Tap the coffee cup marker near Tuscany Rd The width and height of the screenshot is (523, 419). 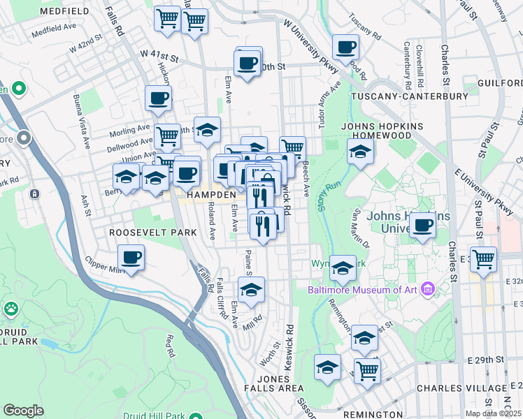345,48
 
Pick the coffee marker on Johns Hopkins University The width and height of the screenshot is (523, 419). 422,226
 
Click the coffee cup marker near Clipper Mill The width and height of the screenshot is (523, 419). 131,258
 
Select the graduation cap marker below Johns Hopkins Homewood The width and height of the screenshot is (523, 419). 360,152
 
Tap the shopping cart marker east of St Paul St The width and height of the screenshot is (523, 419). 483,260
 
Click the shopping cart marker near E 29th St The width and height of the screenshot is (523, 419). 366,371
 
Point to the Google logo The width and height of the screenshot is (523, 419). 23,411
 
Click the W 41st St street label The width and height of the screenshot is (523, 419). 159,53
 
